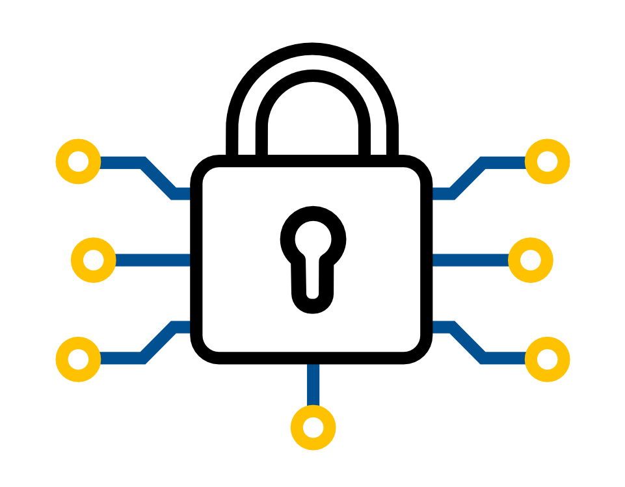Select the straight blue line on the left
(153, 260)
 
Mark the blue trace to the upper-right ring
(467, 178)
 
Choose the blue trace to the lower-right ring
(467, 341)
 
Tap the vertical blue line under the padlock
(313, 384)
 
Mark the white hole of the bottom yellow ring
(313, 428)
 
